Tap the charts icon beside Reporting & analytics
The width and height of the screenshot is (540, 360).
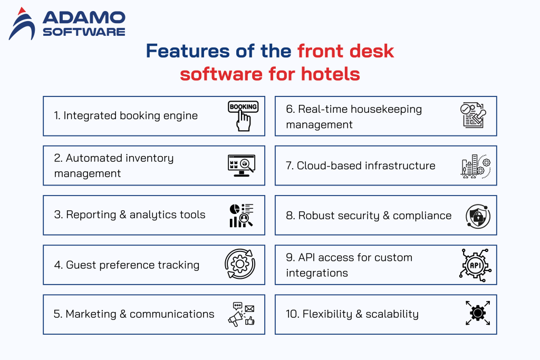tap(241, 215)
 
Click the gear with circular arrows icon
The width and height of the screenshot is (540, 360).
tap(240, 265)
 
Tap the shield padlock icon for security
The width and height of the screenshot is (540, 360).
tap(478, 216)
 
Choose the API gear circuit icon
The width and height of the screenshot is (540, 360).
tap(474, 265)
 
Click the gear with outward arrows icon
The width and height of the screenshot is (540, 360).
tap(477, 314)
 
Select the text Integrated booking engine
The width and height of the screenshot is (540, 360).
tap(130, 115)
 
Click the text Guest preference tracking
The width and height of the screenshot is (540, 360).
tap(132, 265)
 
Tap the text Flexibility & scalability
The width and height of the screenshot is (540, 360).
tap(360, 314)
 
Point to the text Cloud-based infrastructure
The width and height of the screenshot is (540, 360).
tap(366, 166)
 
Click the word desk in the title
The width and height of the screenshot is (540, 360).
tap(370, 51)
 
